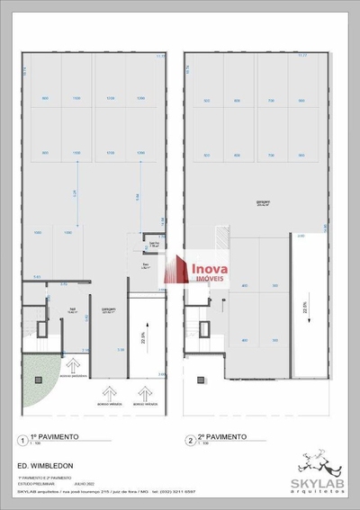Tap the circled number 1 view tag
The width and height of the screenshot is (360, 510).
(x=21, y=440)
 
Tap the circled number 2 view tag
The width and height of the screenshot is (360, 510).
(x=190, y=440)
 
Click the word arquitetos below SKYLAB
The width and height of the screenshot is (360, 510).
(x=314, y=489)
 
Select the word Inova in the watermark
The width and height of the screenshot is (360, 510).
(x=210, y=266)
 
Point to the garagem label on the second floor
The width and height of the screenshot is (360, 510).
(x=264, y=203)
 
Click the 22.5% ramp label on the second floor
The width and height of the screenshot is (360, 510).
(x=305, y=309)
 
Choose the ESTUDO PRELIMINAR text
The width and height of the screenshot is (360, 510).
(x=34, y=484)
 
